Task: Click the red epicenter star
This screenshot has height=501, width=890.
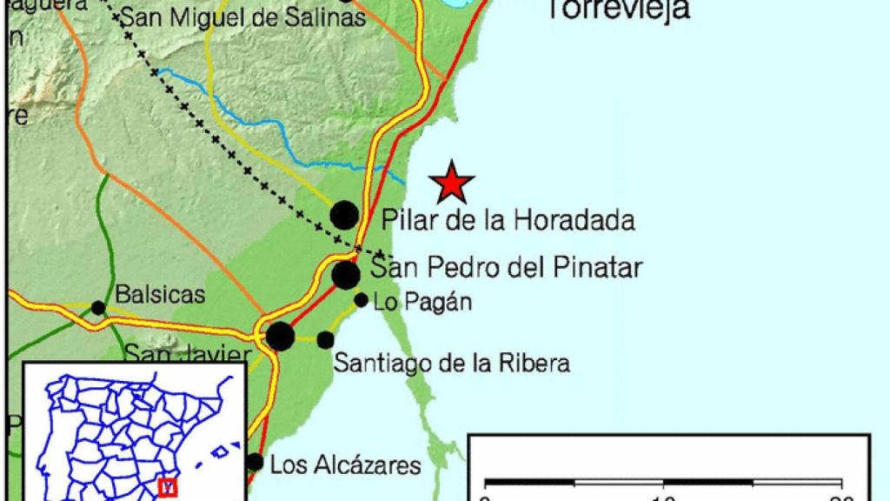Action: pos(453,183)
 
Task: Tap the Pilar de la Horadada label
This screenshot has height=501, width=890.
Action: pos(508,220)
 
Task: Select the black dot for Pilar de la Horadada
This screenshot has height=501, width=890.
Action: pos(345,214)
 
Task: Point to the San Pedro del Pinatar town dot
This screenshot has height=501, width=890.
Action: pos(346,275)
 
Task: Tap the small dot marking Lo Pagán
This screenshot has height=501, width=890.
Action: pos(361,300)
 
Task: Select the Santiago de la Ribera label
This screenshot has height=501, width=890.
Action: pos(452,363)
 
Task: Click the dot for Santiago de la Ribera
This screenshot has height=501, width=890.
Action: pos(325,339)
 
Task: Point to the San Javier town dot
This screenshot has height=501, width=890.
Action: pos(280,336)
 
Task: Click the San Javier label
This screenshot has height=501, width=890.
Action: pos(187,354)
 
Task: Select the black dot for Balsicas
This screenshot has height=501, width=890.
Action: pos(98,308)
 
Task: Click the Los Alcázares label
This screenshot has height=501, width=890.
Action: pos(345,464)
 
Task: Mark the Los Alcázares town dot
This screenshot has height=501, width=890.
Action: pos(255,462)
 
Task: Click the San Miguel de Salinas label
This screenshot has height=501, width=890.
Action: pos(242,17)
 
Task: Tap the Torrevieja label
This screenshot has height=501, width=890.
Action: pos(619,9)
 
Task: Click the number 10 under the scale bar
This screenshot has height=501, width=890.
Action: pos(663,498)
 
